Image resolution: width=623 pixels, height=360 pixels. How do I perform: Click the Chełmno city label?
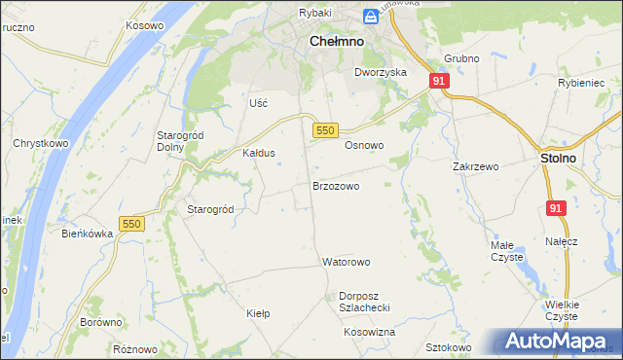(x=336, y=43)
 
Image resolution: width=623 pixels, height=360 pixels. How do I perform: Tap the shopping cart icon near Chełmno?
(x=371, y=17)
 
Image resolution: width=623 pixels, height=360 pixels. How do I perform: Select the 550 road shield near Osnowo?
(x=325, y=129)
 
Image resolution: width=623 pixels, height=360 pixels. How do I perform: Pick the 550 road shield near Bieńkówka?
(x=131, y=224)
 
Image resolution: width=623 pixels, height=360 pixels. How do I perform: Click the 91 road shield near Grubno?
(x=439, y=82)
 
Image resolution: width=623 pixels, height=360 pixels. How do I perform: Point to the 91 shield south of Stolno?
(x=556, y=208)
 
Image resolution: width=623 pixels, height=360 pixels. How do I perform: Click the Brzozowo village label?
(x=336, y=185)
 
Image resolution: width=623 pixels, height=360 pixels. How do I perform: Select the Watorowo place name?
(x=347, y=263)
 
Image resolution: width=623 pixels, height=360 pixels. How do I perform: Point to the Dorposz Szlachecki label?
(x=364, y=301)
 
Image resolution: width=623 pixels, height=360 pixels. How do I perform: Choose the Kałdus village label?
(x=259, y=154)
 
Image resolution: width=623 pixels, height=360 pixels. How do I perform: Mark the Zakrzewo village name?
(x=475, y=166)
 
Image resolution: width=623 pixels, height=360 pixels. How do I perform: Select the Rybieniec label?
(x=582, y=83)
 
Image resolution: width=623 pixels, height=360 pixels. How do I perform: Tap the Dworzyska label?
(x=381, y=72)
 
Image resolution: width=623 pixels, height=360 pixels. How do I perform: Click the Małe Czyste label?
(x=506, y=251)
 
